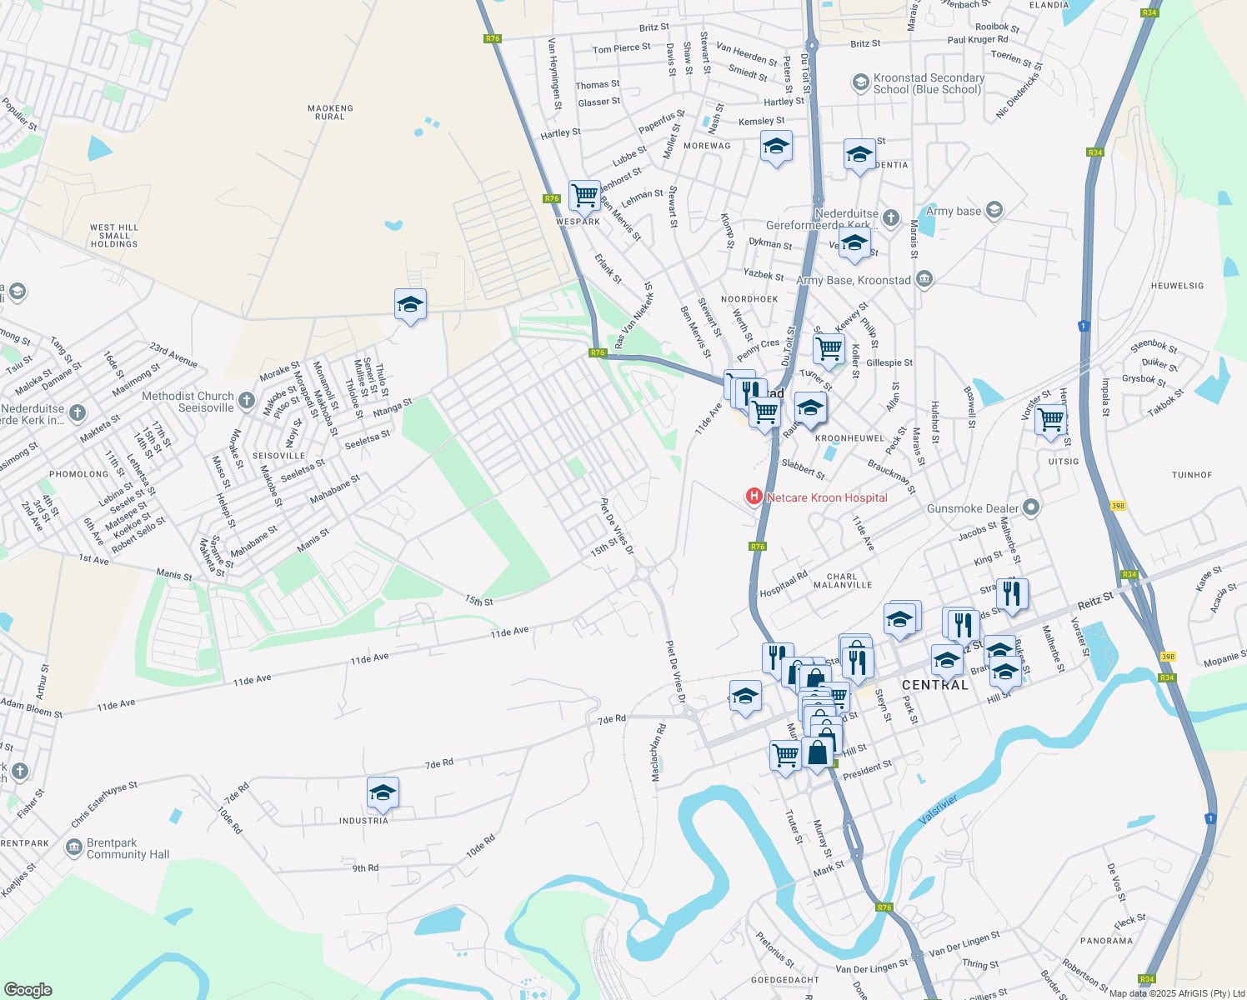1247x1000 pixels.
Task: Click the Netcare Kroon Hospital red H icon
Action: pos(754,497)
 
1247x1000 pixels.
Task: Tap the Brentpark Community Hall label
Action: pos(128,848)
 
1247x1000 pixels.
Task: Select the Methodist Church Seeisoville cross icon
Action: pos(246,401)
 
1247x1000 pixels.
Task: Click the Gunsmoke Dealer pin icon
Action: pos(1031,507)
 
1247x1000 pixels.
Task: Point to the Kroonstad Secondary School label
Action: pos(929,83)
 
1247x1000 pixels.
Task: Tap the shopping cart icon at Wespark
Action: pos(584,196)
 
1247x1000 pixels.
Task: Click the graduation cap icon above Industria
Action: pos(383,792)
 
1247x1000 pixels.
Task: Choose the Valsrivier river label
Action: pos(938,809)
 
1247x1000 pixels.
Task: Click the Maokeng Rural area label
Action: pos(330,112)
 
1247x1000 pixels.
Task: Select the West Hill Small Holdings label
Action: pos(114,235)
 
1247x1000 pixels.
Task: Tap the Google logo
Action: pos(28,990)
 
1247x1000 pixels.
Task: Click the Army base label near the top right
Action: pos(954,211)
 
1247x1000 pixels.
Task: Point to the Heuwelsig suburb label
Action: pos(1177,286)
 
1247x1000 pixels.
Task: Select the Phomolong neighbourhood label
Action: pos(79,474)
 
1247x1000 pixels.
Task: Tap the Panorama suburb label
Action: pos(1106,941)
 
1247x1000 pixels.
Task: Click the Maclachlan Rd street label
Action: pos(659,752)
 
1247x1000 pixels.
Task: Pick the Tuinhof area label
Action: pos(1192,475)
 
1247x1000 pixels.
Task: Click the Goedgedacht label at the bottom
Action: pos(785,980)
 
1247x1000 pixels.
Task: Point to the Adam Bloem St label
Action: pos(32,708)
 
